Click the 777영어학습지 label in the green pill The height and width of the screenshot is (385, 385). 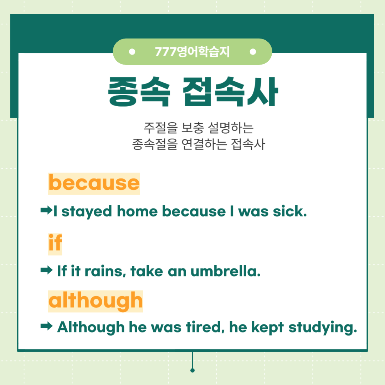coord(192,52)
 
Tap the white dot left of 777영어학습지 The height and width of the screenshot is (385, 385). coord(132,52)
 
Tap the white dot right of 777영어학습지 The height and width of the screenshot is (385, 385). coord(253,52)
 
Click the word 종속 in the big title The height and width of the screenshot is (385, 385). coord(139,91)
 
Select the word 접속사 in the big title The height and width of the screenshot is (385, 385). coord(230,91)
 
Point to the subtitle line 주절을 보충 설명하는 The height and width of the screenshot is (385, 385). coord(199,128)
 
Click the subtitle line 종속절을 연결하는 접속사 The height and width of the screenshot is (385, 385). coord(199,144)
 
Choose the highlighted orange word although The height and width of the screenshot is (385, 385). coord(96,301)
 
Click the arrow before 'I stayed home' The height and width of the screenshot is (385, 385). coord(46,210)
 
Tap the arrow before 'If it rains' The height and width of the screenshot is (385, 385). coord(46,270)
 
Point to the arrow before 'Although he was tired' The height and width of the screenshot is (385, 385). coord(46,326)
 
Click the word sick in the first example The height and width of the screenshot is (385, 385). coord(290,211)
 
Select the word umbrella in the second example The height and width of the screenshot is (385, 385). coord(225,271)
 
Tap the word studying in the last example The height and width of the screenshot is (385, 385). coord(323,328)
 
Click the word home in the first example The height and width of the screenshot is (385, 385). coord(137,211)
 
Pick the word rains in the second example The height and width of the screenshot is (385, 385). coord(105,271)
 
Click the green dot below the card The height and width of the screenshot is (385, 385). coord(192,370)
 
